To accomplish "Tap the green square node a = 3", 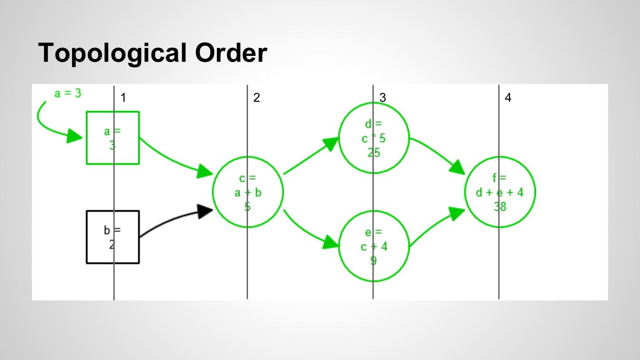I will [112, 138].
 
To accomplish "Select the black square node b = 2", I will [112, 237].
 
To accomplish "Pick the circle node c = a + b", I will [248, 192].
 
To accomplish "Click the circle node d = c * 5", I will [374, 138].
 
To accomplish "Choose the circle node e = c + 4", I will [374, 246].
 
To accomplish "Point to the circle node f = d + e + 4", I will [500, 192].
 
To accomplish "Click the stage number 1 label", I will [123, 98].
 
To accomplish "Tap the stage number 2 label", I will [256, 98].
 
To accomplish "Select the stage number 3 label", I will [383, 98].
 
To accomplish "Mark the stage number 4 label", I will [508, 98].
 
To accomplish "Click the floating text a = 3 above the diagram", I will [68, 93].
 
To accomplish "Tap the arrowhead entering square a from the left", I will [74, 136].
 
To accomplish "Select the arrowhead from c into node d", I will [331, 144].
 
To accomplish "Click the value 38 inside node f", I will [500, 206].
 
